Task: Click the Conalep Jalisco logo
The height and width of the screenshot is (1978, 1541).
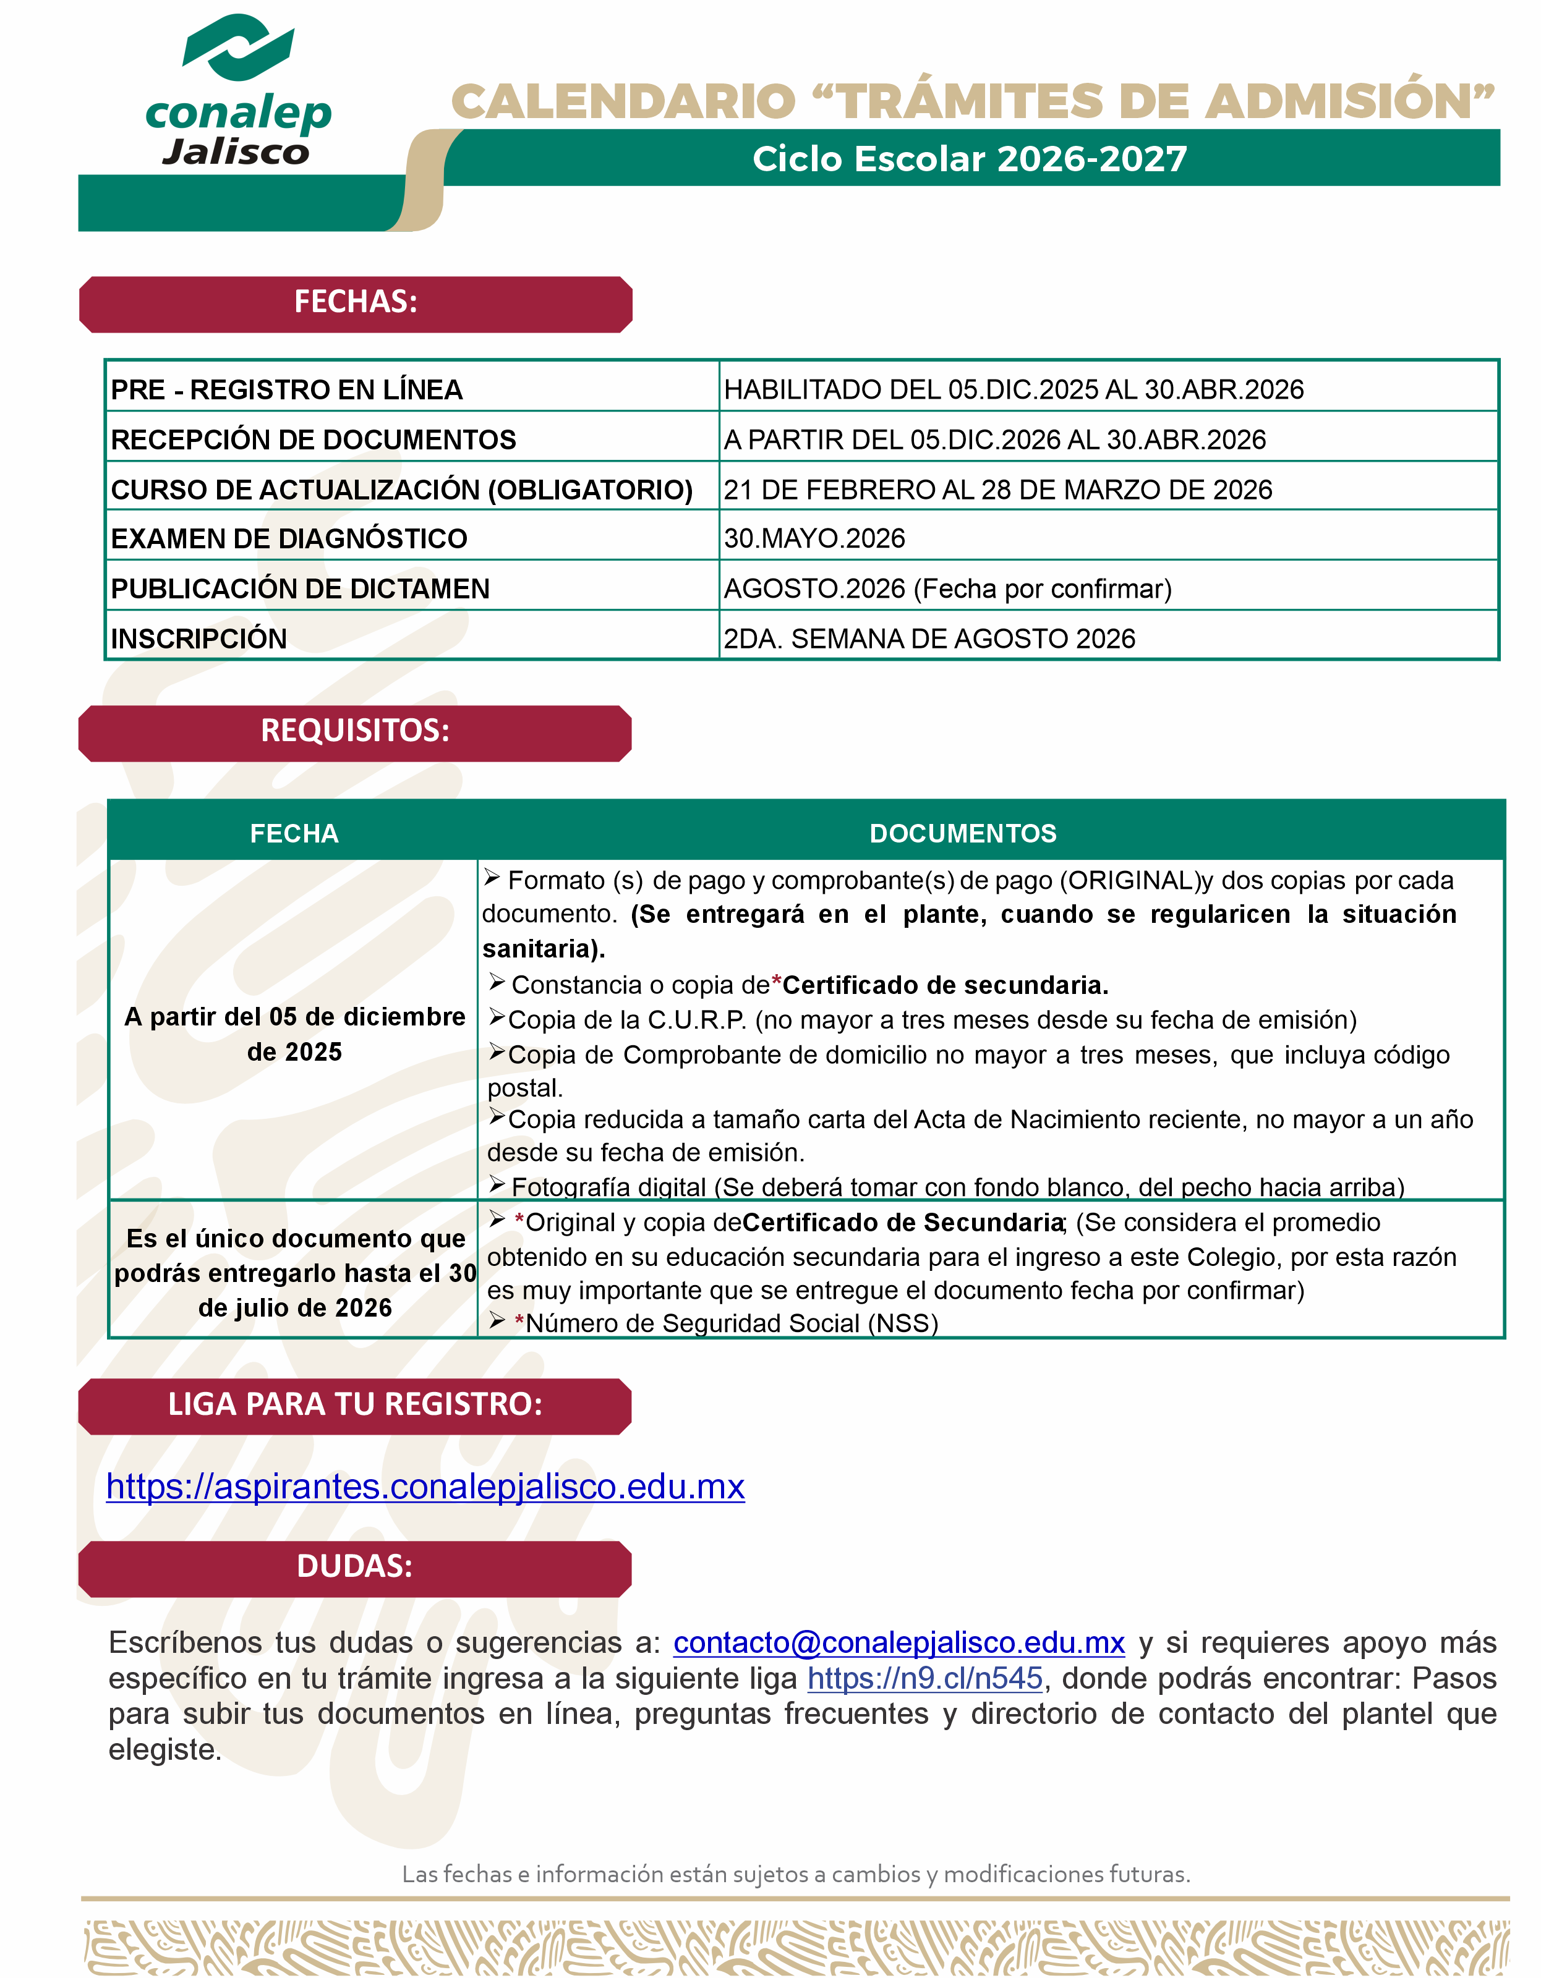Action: [x=237, y=91]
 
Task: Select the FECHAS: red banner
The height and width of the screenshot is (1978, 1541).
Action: [x=355, y=302]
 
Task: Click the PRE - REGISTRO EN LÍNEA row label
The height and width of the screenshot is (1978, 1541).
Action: [x=286, y=389]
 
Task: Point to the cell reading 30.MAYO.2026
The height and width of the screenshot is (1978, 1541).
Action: [x=814, y=538]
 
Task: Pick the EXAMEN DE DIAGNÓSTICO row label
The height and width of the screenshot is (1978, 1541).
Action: [x=289, y=538]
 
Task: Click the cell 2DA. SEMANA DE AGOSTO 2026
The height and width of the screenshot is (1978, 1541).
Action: [x=929, y=639]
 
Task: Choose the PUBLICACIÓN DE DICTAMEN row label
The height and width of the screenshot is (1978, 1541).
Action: [x=300, y=588]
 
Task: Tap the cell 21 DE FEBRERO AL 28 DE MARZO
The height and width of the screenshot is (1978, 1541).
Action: [x=997, y=489]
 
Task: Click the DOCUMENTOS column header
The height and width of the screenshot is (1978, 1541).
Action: [x=962, y=833]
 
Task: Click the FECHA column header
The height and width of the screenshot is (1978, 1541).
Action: [x=294, y=833]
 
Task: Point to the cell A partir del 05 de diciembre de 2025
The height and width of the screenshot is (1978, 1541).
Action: [x=294, y=1034]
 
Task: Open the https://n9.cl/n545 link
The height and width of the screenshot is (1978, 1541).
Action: [x=925, y=1678]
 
